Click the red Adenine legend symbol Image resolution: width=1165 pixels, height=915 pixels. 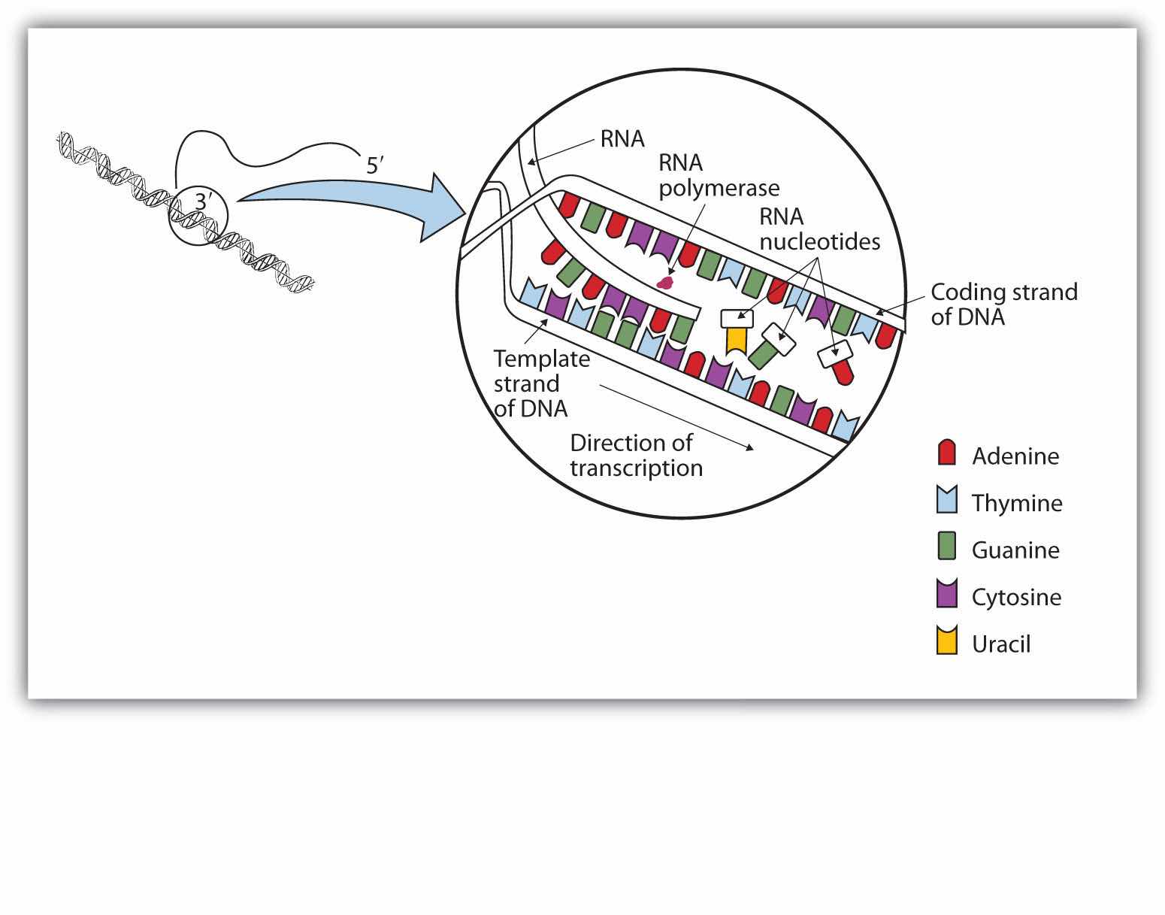point(946,453)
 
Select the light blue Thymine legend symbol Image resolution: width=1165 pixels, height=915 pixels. point(946,500)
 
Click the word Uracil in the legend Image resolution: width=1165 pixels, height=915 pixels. point(1000,644)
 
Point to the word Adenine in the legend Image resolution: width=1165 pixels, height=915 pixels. point(1015,456)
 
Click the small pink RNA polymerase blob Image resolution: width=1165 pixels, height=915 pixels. point(664,283)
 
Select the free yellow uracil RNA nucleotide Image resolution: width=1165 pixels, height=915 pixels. point(737,338)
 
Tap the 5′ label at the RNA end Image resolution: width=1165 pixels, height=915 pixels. point(376,165)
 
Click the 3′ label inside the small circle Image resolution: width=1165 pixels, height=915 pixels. point(204,201)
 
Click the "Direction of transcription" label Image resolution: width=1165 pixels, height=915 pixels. point(635,455)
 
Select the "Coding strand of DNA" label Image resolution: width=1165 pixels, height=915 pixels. point(1003,304)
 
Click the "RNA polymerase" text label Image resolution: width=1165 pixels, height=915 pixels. point(718,175)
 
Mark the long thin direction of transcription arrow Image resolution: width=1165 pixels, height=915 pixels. point(676,418)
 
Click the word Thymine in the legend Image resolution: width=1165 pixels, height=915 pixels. point(1016,503)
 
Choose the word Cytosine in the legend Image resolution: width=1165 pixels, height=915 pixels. point(1016,597)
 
